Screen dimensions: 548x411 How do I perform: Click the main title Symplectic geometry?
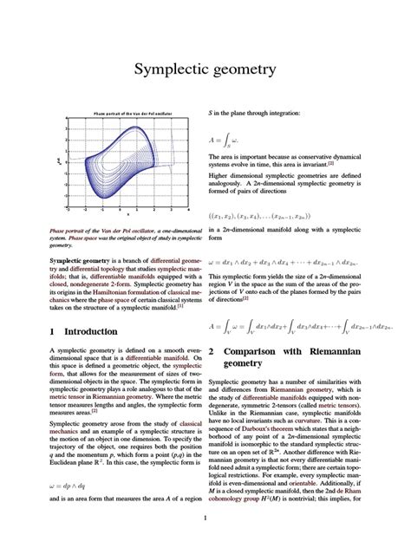coord(205,69)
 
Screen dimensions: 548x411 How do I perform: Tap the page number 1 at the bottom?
coord(205,519)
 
